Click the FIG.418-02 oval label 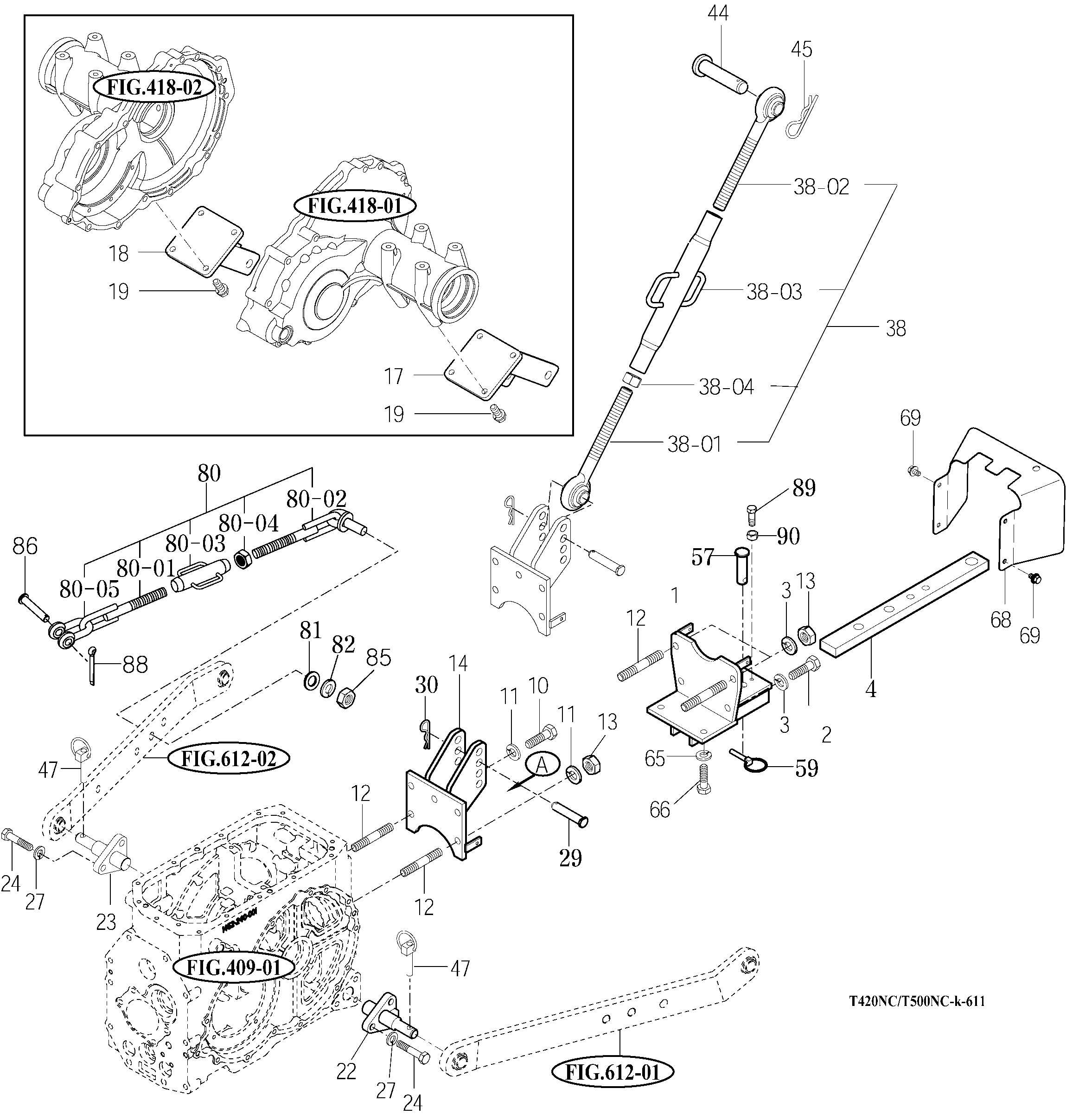[154, 88]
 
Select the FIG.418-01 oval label [355, 206]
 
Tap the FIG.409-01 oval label [234, 967]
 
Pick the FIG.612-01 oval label [612, 1073]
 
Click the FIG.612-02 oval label [229, 758]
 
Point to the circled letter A [542, 766]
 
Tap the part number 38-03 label [774, 292]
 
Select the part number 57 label [702, 557]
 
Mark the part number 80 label [209, 474]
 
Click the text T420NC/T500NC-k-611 [917, 1001]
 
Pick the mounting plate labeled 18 [204, 242]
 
